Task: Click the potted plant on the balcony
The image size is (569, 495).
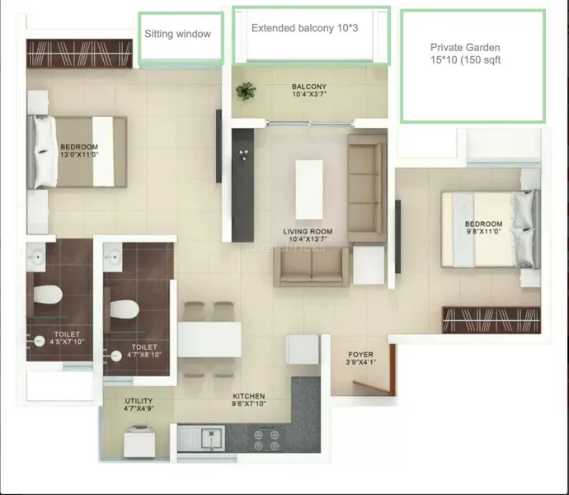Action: tap(246, 91)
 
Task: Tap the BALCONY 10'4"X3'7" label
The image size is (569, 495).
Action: tap(309, 91)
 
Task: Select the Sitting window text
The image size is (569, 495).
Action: tap(177, 34)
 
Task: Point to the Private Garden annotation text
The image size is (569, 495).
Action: tap(466, 54)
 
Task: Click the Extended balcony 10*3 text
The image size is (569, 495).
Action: tap(305, 28)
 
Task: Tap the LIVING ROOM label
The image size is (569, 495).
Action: tap(308, 235)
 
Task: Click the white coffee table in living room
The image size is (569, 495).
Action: tap(308, 190)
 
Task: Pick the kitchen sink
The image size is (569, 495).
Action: tap(201, 438)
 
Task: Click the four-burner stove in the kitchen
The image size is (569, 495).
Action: tap(266, 440)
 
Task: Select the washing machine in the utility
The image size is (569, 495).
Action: tap(139, 441)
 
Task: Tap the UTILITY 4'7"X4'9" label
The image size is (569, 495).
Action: tap(139, 404)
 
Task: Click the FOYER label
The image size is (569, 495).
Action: tap(360, 358)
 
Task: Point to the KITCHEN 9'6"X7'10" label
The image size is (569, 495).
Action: tap(249, 400)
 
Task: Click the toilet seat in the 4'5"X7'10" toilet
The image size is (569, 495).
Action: tap(48, 295)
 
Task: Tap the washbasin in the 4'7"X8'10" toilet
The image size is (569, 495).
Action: tap(112, 257)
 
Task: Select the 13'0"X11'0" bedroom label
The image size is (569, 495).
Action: tap(79, 151)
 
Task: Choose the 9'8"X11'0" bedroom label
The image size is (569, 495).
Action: tap(484, 228)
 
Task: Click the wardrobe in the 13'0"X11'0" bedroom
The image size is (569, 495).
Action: tap(79, 54)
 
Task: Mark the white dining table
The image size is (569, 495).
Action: tap(209, 339)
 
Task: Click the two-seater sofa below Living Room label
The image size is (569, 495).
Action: tap(311, 267)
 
